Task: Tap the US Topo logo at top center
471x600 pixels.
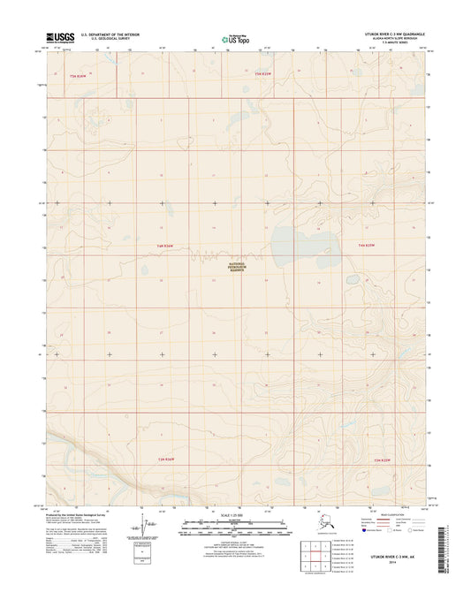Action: point(234,38)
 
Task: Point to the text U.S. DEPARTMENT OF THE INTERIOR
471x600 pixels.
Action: point(110,34)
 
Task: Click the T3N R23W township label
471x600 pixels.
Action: point(382,460)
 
